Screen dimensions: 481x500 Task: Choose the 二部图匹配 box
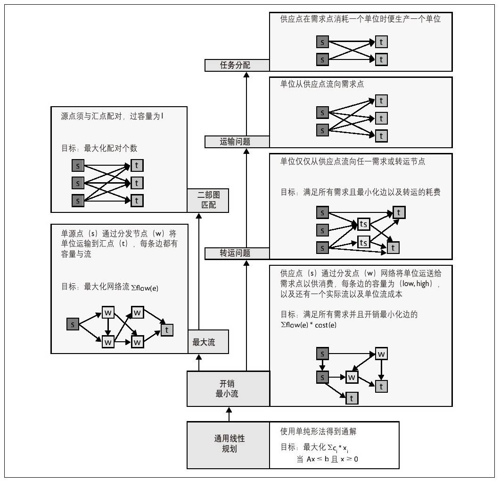tap(208, 200)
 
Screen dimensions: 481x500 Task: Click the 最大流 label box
tap(208, 342)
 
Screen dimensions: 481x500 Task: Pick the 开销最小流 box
tap(228, 388)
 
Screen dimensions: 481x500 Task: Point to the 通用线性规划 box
tap(228, 444)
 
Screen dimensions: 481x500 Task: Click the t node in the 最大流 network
tap(166, 330)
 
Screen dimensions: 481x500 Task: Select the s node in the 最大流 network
tap(73, 324)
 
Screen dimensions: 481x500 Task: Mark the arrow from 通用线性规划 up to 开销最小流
tap(229, 414)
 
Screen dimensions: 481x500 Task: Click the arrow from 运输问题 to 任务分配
tap(246, 104)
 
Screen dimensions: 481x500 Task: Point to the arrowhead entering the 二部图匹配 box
tap(199, 215)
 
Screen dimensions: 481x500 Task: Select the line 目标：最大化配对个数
tap(99, 148)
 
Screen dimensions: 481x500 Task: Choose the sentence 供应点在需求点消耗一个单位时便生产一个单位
tap(361, 19)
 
